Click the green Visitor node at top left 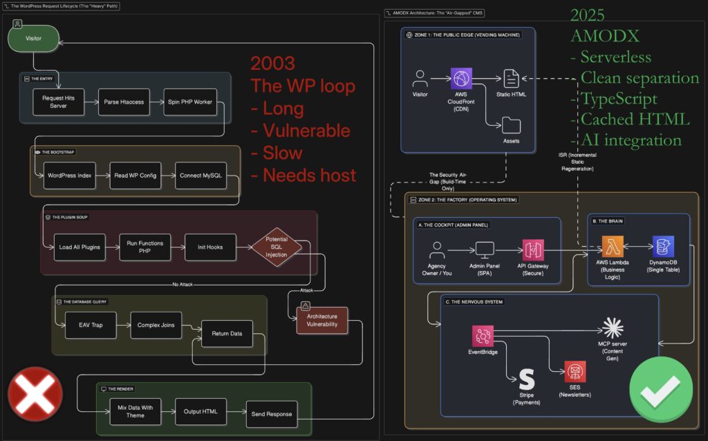click(x=33, y=38)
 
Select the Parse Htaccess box click(x=124, y=102)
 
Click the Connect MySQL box click(x=201, y=176)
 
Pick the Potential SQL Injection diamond click(x=276, y=247)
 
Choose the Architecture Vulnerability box click(x=322, y=320)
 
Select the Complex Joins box click(x=156, y=325)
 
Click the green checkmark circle click(x=661, y=390)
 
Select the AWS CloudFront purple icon click(x=461, y=78)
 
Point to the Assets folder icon click(x=512, y=125)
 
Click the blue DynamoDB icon click(x=663, y=246)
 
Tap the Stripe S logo click(x=527, y=379)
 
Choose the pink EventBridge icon click(x=483, y=336)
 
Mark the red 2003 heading click(x=273, y=64)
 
